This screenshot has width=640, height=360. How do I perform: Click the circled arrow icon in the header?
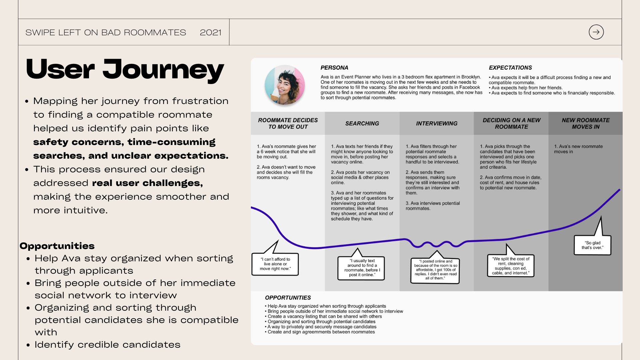click(596, 32)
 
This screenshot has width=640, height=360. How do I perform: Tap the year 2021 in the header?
click(210, 32)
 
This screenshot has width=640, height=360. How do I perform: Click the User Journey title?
click(125, 69)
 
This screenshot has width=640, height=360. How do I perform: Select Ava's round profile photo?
click(285, 85)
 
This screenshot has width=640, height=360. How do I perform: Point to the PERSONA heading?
click(334, 68)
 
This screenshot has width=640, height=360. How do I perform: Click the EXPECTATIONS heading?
click(510, 68)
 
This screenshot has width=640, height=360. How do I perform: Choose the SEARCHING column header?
click(362, 123)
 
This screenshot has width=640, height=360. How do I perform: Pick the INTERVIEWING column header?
click(436, 123)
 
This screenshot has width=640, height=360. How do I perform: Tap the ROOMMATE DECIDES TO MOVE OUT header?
click(288, 123)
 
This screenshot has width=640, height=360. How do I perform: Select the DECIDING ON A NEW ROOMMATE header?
click(511, 123)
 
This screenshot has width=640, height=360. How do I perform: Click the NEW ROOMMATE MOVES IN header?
click(585, 123)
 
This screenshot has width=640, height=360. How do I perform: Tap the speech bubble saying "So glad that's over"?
click(592, 245)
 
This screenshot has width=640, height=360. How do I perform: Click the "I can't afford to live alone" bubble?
click(275, 264)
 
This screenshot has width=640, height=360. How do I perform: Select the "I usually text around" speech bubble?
click(361, 268)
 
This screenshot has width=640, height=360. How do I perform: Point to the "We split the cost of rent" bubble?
click(510, 266)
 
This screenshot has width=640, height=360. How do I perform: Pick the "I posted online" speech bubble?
click(435, 270)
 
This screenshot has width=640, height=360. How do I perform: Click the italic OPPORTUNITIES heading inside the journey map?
click(288, 298)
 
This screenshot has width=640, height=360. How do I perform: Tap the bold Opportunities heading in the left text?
click(57, 246)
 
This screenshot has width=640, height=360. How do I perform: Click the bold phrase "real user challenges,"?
click(147, 183)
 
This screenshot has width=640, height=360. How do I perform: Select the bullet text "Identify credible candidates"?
click(107, 345)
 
